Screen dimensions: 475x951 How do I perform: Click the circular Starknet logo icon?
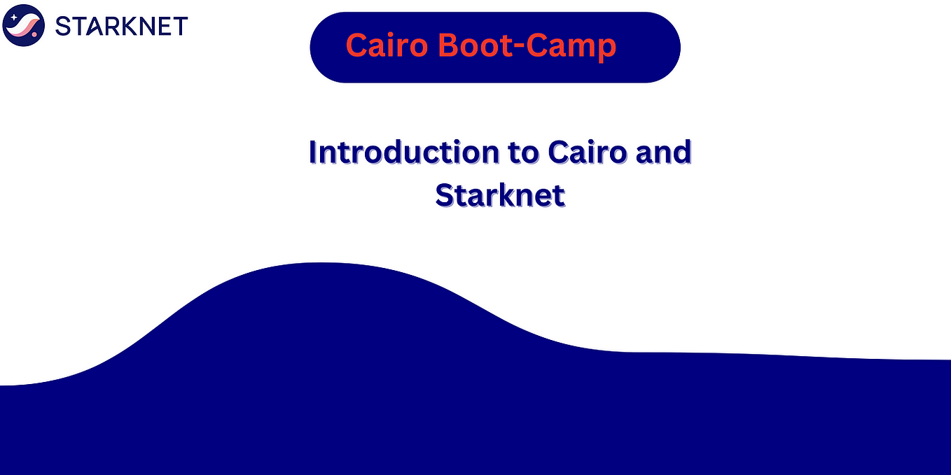[24, 25]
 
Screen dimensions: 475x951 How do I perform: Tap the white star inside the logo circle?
[14, 17]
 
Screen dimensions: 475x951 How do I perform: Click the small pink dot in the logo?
[34, 34]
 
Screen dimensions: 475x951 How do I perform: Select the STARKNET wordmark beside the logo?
[121, 26]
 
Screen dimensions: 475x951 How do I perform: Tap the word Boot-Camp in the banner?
[527, 46]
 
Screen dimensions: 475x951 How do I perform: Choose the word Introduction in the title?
[402, 153]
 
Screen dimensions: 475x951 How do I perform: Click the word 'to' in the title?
[521, 153]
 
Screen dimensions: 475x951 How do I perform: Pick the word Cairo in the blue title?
[587, 153]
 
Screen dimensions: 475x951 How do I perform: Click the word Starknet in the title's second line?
[499, 194]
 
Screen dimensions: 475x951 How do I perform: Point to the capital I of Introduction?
[313, 152]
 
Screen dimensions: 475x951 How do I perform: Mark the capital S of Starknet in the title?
[444, 194]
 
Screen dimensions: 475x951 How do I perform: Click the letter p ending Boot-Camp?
[608, 49]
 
